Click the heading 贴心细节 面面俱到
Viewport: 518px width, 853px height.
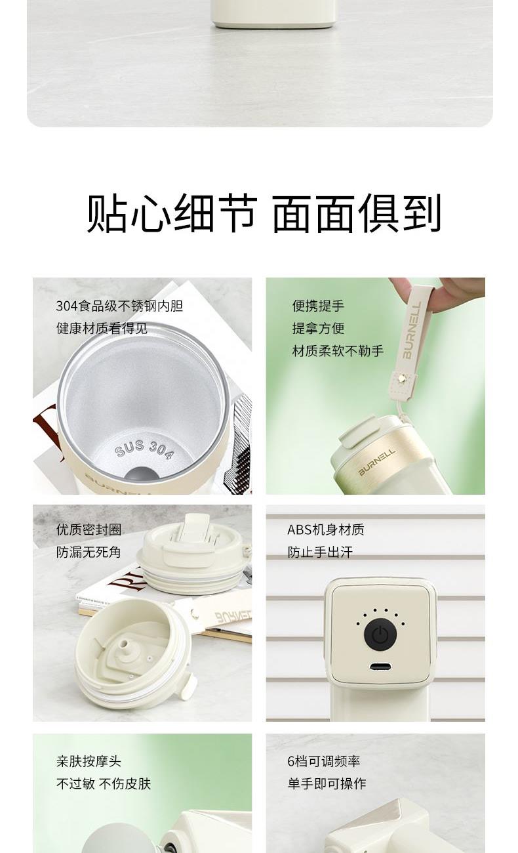point(264,213)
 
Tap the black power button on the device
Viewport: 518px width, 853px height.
point(380,635)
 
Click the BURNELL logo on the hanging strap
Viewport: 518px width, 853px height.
point(412,330)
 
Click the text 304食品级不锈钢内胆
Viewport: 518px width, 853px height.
point(119,306)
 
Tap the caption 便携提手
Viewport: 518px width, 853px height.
point(318,306)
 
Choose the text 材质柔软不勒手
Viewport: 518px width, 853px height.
point(338,351)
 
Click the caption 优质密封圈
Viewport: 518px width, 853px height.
point(89,530)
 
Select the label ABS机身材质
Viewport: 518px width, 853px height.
point(325,530)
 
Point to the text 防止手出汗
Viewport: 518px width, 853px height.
point(320,552)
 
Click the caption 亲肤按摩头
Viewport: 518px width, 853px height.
point(89,761)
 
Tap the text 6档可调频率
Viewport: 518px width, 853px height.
point(323,761)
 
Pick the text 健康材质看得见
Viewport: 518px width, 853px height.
point(102,328)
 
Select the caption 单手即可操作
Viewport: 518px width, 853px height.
point(327,783)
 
